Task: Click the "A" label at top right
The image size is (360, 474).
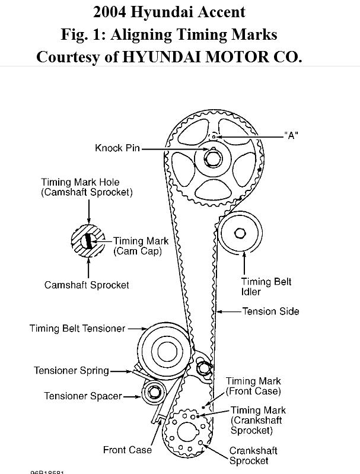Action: (x=291, y=135)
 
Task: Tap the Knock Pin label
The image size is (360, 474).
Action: (x=117, y=148)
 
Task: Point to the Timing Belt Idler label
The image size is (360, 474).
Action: (x=266, y=287)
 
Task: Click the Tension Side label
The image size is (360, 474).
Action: (x=270, y=311)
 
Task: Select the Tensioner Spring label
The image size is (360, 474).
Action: (x=71, y=371)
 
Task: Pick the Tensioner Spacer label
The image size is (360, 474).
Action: (x=83, y=396)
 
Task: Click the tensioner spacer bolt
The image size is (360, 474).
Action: (x=154, y=392)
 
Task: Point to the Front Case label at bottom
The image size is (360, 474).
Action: (x=127, y=450)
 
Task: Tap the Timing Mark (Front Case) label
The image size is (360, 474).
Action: (x=253, y=386)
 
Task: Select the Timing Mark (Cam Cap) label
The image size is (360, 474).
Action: (x=141, y=246)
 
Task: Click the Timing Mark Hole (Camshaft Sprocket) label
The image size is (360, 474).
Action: (x=87, y=187)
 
